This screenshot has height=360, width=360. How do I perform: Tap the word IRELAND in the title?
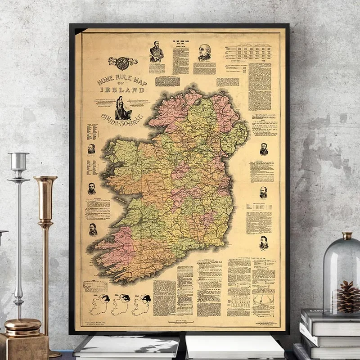click(x=124, y=90)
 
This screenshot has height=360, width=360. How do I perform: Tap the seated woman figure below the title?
click(x=122, y=108)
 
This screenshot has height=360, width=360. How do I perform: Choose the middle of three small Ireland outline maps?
click(x=120, y=304)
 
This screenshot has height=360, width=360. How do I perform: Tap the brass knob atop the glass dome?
click(x=346, y=236)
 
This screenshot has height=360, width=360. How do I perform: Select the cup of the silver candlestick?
click(x=19, y=161)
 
